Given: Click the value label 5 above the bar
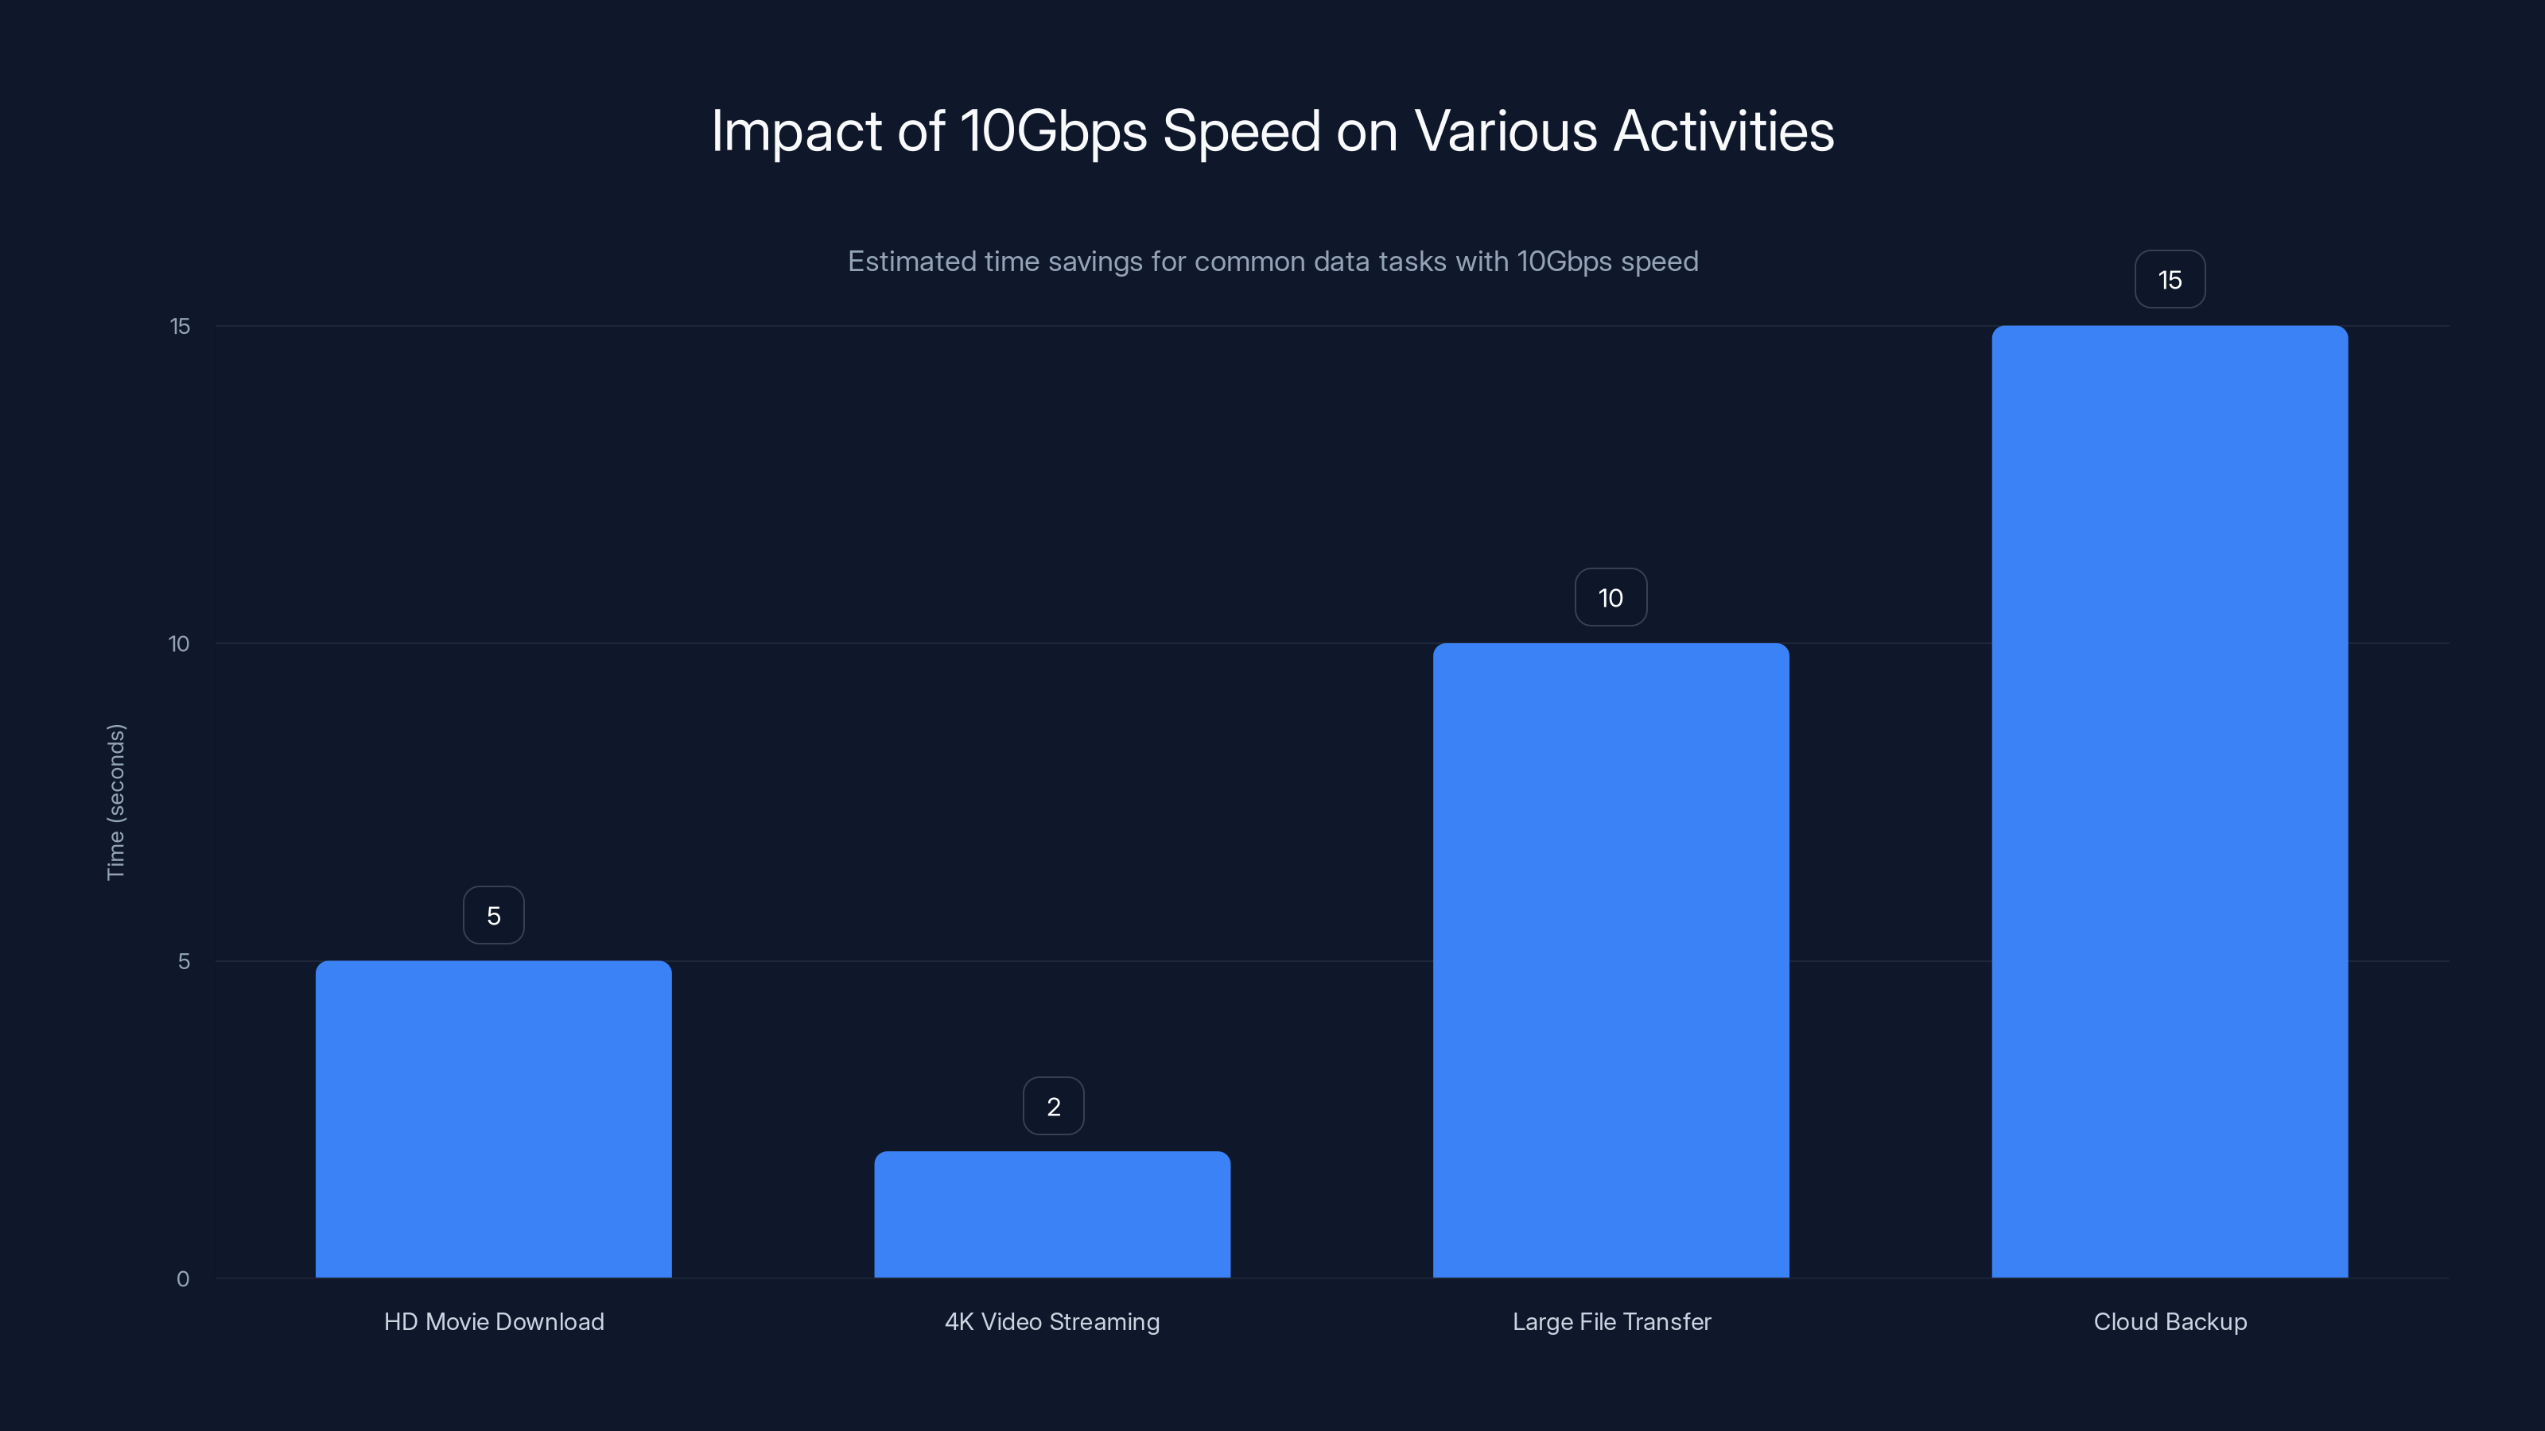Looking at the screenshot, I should point(493,916).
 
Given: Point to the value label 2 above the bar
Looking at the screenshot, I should point(1053,1106).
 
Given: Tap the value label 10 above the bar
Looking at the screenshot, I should point(1611,598).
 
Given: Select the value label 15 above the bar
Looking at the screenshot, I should point(2170,280).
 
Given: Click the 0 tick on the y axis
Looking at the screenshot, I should point(183,1279).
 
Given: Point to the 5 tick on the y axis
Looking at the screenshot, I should point(184,961).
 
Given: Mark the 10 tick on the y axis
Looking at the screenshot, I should point(179,644).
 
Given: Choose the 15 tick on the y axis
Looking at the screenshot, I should point(180,326).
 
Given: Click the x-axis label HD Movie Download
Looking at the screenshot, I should point(493,1321).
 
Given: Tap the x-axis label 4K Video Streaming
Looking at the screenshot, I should point(1052,1321).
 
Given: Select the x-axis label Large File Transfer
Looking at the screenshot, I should point(1611,1321).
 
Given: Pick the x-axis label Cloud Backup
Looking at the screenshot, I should point(2170,1321).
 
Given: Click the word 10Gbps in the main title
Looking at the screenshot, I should point(1052,131).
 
